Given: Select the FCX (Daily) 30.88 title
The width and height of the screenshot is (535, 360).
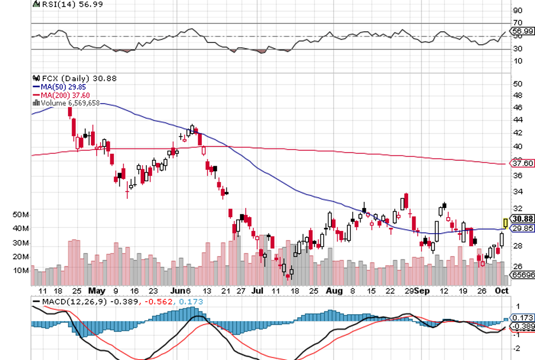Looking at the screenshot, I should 67,78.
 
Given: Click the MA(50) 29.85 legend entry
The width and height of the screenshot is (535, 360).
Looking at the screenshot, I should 61,86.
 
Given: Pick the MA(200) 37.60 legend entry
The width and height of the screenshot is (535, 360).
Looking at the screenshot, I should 61,95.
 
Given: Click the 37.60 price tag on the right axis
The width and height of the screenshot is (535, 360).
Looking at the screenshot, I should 521,163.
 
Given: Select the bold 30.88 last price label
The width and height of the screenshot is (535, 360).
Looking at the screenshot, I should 522,219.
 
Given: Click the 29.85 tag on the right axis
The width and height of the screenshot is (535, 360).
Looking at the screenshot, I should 522,228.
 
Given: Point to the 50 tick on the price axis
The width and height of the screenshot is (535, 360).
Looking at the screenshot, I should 518,84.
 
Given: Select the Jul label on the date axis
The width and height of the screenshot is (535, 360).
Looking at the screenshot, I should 257,290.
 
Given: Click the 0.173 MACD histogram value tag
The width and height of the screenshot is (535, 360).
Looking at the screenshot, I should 522,317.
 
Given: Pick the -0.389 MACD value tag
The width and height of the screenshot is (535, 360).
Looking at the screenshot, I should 522,326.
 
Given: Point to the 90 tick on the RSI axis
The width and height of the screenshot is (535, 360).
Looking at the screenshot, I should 518,10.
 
